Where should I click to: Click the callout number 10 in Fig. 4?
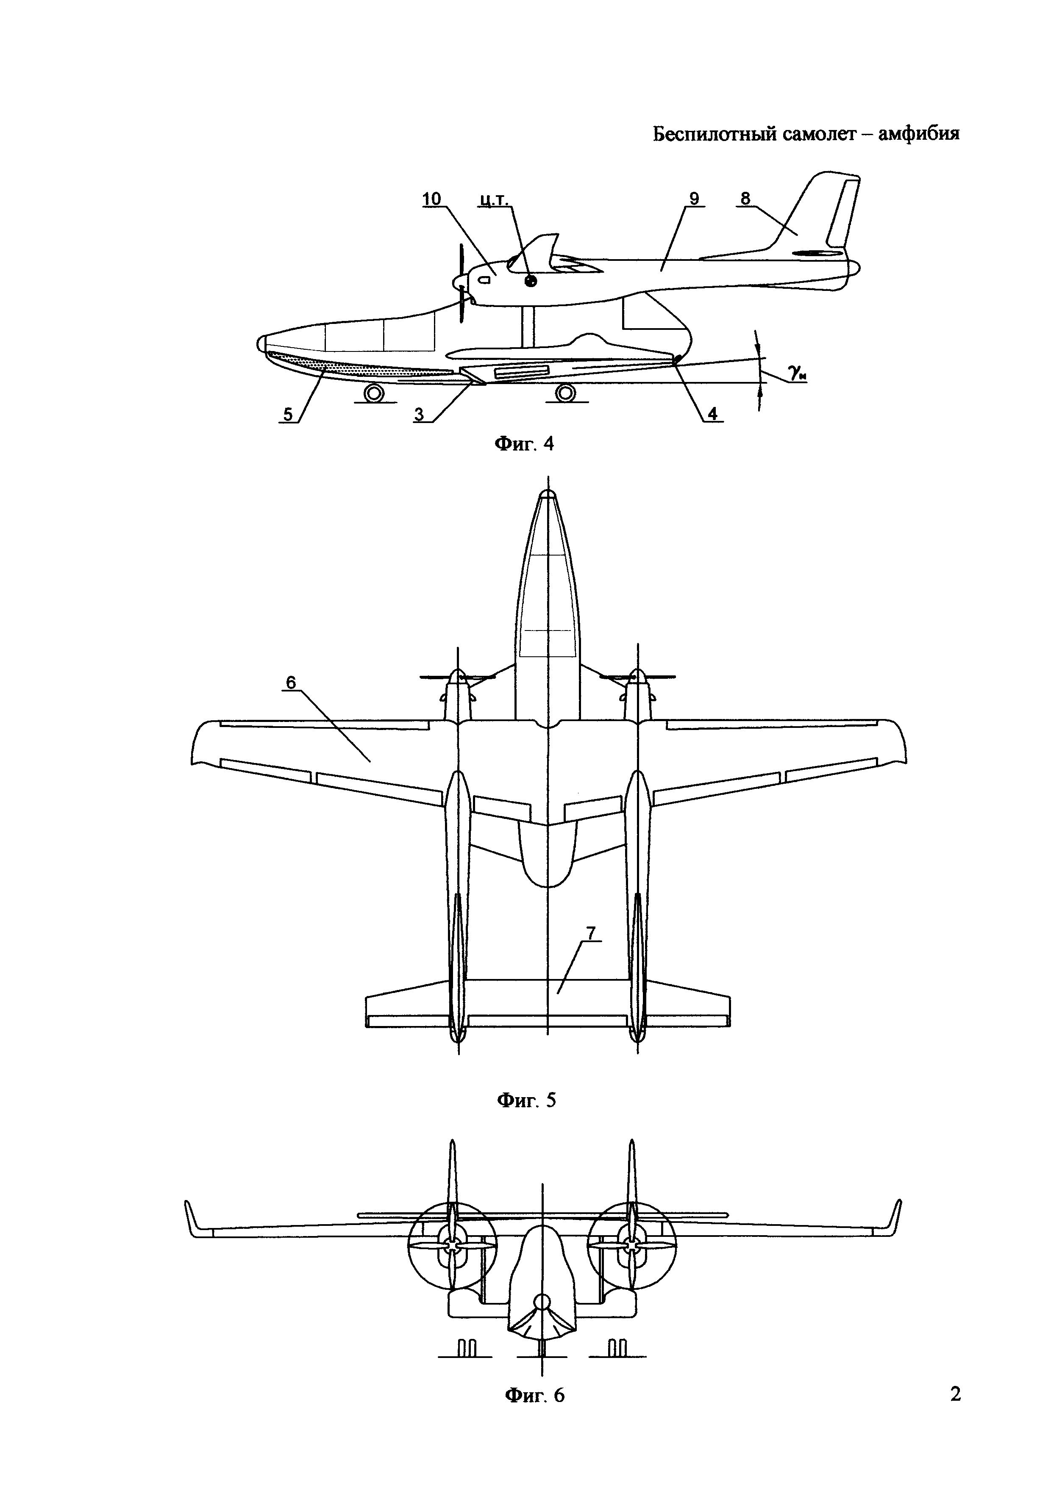pyautogui.click(x=432, y=199)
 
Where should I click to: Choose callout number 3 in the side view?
pyautogui.click(x=420, y=414)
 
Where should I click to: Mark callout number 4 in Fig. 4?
pyautogui.click(x=712, y=414)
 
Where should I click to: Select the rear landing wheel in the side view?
pyautogui.click(x=565, y=393)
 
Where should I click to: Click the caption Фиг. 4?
pyautogui.click(x=524, y=444)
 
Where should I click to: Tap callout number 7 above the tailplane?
pyautogui.click(x=591, y=933)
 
